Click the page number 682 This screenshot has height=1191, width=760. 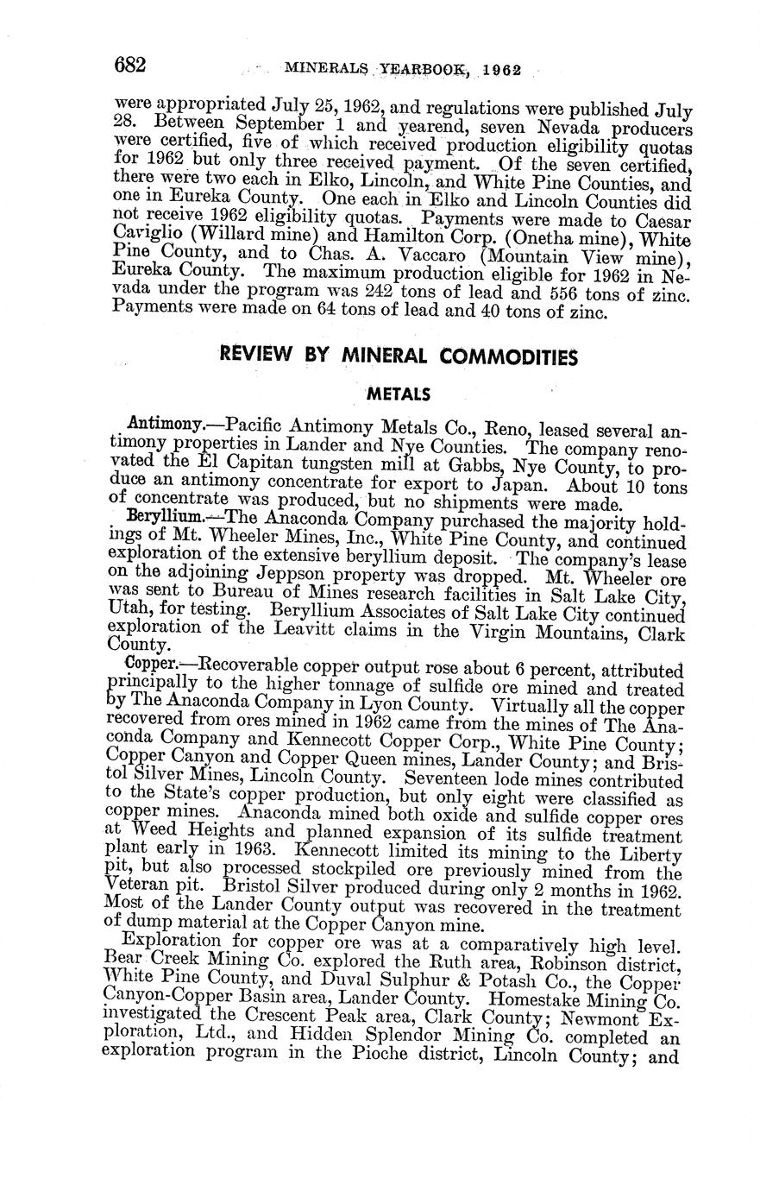[x=131, y=65]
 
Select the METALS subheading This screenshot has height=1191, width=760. [x=399, y=394]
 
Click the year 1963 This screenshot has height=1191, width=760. [x=239, y=850]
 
